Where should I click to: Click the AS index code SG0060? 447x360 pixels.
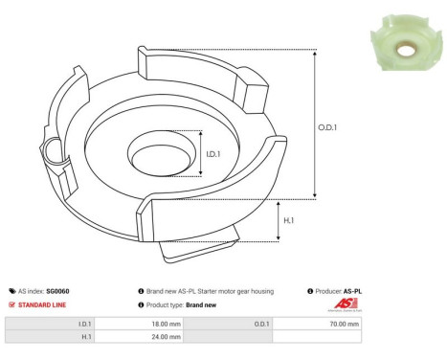point(58,290)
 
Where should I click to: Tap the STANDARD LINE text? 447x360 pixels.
point(45,304)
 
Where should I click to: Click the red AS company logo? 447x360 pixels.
point(345,304)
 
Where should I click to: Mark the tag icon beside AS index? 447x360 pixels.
point(11,290)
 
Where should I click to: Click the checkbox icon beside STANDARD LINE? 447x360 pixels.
point(11,304)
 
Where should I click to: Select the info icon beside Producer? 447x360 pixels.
point(310,290)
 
